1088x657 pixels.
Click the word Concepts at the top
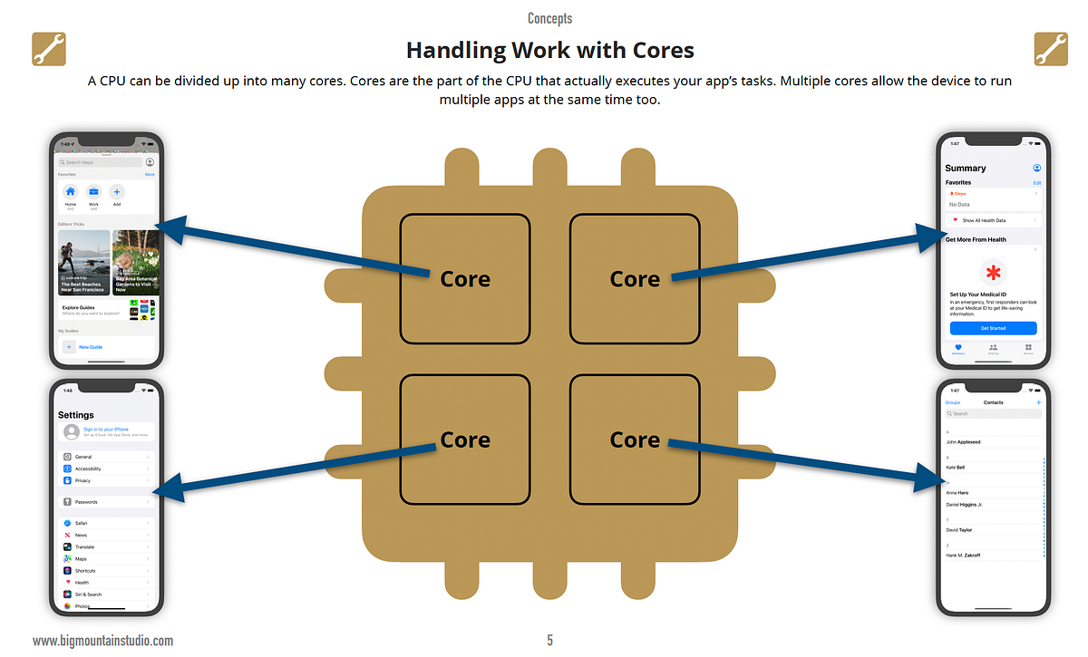pyautogui.click(x=549, y=18)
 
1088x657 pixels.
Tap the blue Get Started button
pyautogui.click(x=993, y=328)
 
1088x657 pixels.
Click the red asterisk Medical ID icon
pyautogui.click(x=994, y=272)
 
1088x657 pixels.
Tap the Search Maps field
pyautogui.click(x=100, y=162)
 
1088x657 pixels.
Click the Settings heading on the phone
pyautogui.click(x=76, y=415)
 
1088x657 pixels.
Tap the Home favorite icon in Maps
pyautogui.click(x=71, y=192)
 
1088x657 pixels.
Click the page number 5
pyautogui.click(x=549, y=641)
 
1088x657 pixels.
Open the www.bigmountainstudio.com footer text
pyautogui.click(x=102, y=641)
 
